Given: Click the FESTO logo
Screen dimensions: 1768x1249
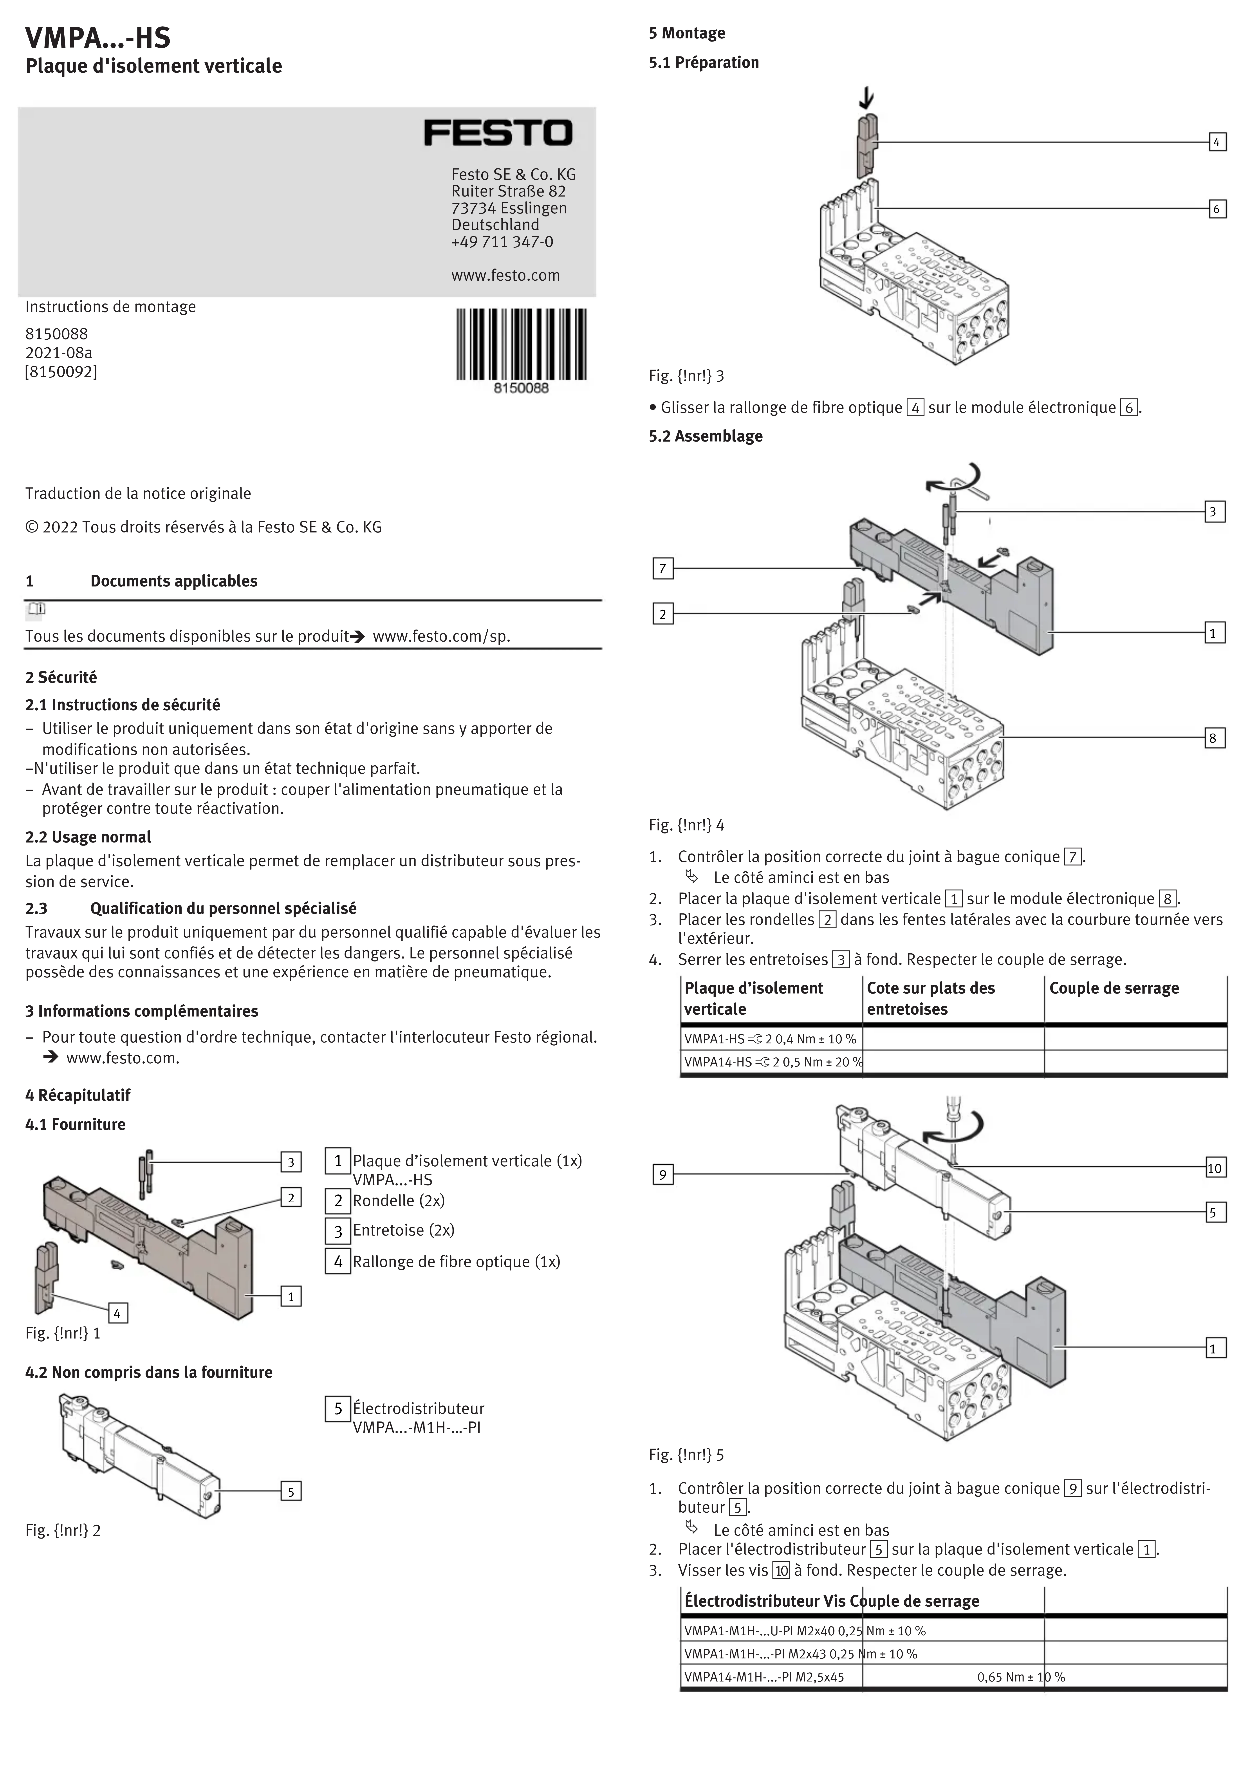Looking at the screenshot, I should (x=498, y=133).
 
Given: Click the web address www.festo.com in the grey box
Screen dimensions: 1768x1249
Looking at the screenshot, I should (x=505, y=276).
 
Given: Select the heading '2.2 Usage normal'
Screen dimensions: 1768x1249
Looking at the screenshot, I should (x=88, y=837).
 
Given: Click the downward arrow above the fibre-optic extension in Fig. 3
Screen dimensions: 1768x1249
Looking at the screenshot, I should (x=868, y=98).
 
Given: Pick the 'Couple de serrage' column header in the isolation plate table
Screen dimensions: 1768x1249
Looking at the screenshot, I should (x=1114, y=988).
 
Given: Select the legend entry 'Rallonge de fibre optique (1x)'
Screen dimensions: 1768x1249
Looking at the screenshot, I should (x=456, y=1261).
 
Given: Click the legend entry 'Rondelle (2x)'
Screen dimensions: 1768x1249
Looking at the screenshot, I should (x=398, y=1200).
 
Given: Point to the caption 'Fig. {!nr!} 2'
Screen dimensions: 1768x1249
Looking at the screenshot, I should (x=63, y=1530).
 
